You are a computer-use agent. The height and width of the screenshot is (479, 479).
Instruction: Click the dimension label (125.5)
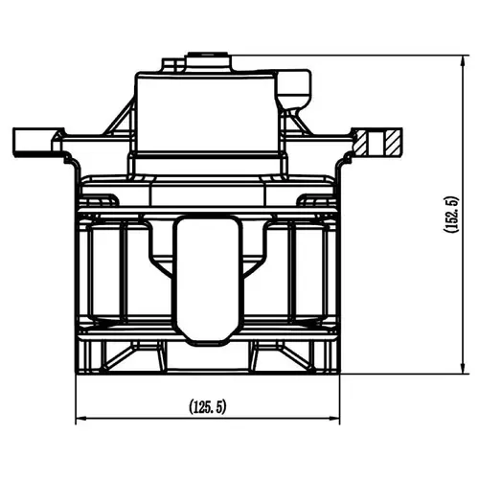click(x=208, y=406)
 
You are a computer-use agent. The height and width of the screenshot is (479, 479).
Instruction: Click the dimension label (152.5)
click(x=451, y=215)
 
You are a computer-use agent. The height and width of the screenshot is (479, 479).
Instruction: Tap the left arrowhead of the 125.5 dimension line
click(x=80, y=418)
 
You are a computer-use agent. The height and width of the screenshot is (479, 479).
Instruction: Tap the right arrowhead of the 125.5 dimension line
click(x=335, y=418)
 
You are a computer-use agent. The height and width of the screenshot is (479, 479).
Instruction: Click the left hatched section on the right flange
click(x=361, y=142)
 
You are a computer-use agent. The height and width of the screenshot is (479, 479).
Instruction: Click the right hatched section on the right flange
click(x=393, y=142)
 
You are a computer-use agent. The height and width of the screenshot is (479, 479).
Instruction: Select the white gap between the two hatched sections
click(x=376, y=142)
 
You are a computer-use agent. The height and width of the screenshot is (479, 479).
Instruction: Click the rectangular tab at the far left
click(x=33, y=143)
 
